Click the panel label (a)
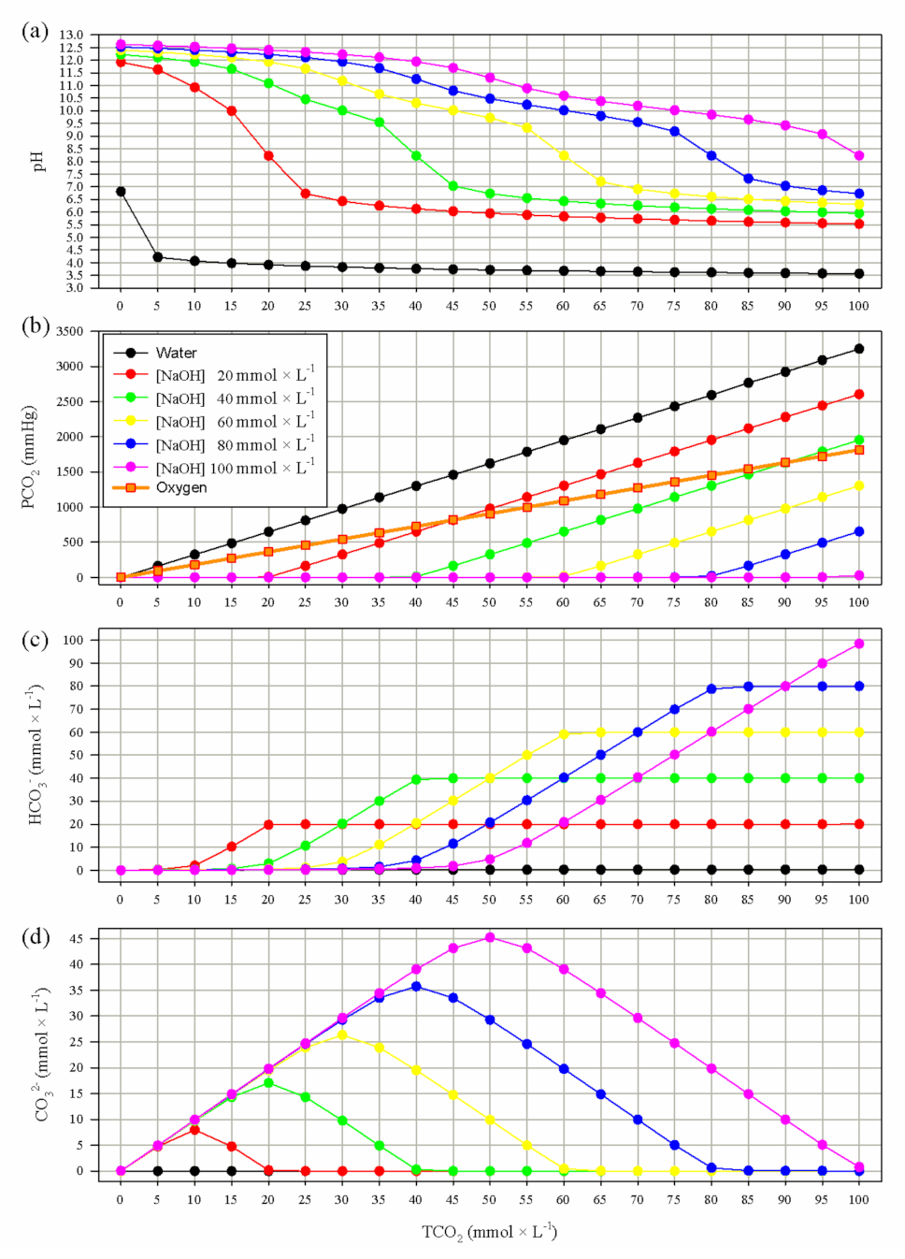[35, 31]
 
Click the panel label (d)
[35, 935]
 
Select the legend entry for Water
[176, 353]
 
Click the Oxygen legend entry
[180, 487]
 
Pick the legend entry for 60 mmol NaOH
[234, 422]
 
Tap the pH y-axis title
[38, 161]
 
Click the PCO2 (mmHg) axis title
[29, 456]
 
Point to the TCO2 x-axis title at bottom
[489, 1232]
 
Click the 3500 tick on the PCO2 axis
[69, 331]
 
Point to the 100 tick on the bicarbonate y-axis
[73, 641]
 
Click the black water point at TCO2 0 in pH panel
[121, 192]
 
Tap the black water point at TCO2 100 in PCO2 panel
[858, 349]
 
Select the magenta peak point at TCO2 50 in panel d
[489, 937]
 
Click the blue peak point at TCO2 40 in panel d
[416, 986]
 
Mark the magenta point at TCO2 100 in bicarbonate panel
[858, 644]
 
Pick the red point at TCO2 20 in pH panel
[268, 156]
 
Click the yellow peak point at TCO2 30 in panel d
[342, 1035]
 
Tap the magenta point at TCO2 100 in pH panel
[858, 155]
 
